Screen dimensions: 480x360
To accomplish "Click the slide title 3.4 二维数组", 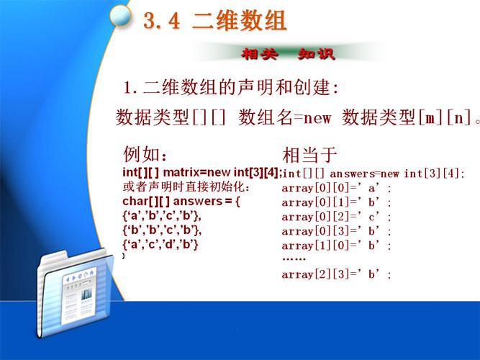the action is tap(215, 21).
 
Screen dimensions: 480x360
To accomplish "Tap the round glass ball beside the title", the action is tap(120, 15).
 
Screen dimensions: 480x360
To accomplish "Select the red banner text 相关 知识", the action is tap(288, 54).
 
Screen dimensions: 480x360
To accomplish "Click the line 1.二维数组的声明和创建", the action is tap(231, 87).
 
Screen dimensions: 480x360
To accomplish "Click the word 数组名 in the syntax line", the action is tap(265, 117).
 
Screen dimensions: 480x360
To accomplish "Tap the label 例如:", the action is tap(145, 154).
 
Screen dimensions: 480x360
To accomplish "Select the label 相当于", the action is tap(309, 155).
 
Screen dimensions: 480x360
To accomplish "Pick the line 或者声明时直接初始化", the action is tap(186, 186).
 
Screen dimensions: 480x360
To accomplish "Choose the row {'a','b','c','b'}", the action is tap(162, 216).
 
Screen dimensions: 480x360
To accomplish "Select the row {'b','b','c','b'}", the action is tap(162, 230).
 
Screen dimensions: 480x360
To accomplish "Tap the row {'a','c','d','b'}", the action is tap(160, 245).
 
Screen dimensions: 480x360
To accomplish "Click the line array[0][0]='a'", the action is tap(336, 188).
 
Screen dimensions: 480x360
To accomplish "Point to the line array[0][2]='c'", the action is tap(336, 217).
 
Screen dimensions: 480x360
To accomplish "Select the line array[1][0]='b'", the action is tap(336, 246).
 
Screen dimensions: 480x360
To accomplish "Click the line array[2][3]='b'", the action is tap(336, 274).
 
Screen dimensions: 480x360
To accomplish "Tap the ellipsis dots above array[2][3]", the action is tap(294, 259).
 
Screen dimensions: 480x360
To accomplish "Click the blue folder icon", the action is tap(75, 293).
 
